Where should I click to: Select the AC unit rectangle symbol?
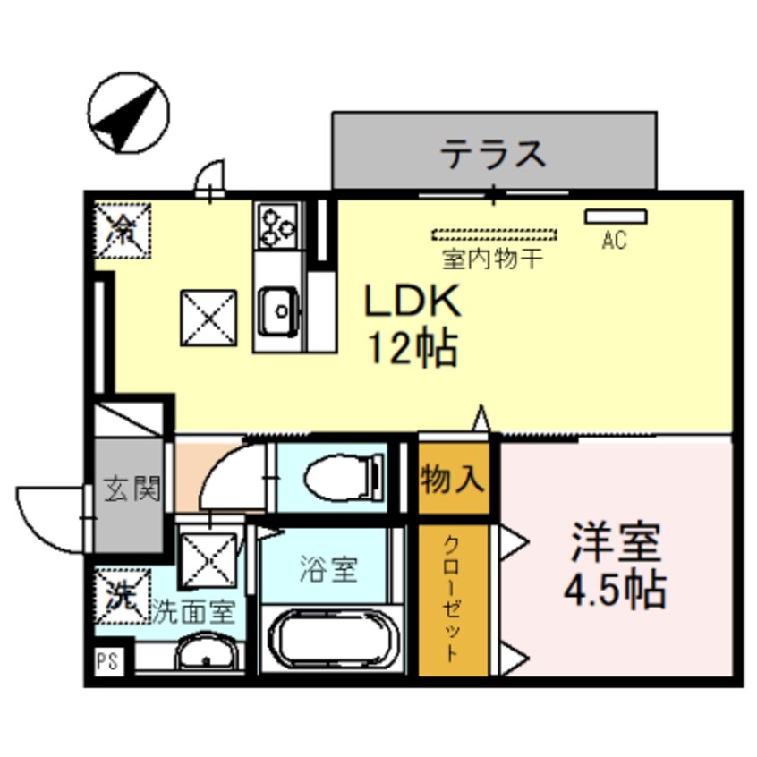[x=616, y=216]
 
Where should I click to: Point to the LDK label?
[x=412, y=302]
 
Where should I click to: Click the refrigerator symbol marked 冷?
[x=123, y=229]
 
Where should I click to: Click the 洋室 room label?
[x=617, y=541]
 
